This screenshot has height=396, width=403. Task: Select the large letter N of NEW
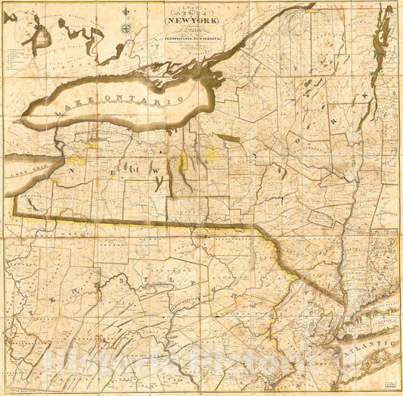click(x=73, y=173)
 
